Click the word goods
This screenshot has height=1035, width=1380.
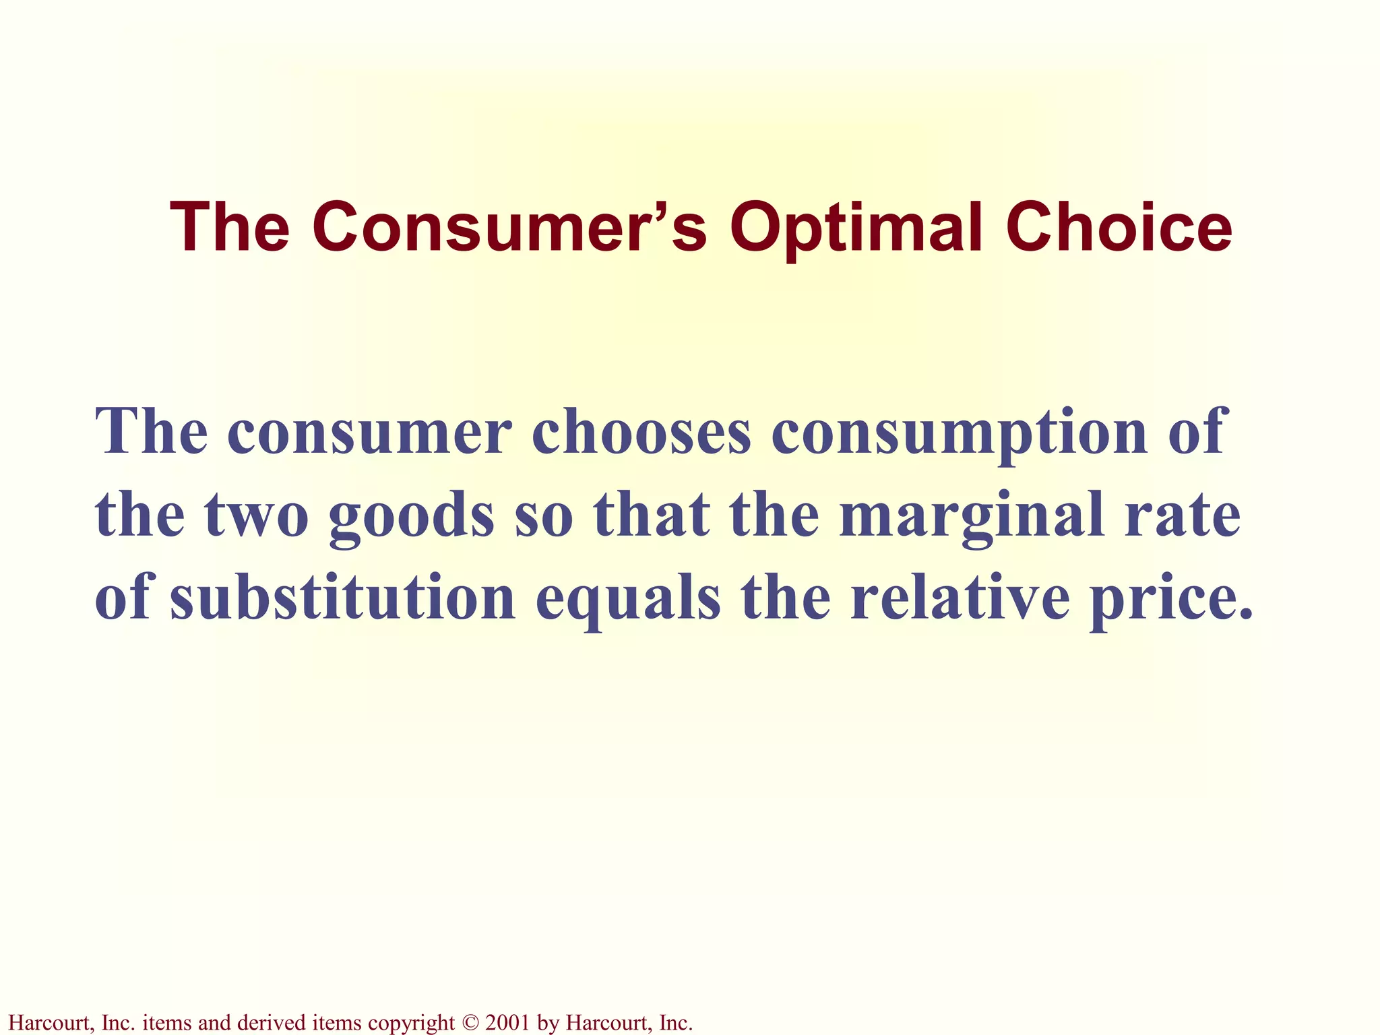pos(412,516)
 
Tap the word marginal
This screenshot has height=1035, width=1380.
pos(971,516)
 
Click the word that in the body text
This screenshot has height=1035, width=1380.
pos(651,516)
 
